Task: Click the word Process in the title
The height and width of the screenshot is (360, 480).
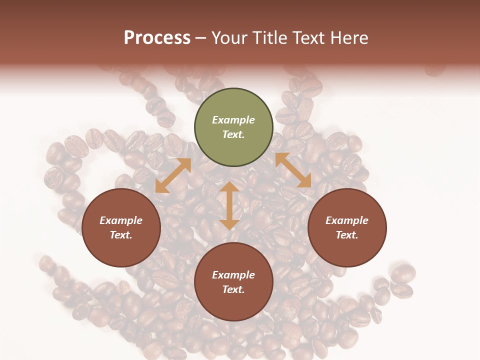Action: pos(157,38)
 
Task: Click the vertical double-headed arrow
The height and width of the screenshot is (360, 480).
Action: pos(229,205)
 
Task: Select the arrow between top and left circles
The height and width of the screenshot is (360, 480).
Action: pos(173,175)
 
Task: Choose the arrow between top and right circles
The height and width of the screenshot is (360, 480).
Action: pos(293,170)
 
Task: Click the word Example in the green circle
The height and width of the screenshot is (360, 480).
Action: pos(233,120)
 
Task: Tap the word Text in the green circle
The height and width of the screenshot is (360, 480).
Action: pos(233,134)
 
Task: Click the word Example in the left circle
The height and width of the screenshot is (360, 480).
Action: pos(121,220)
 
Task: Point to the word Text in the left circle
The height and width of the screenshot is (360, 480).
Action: pos(121,235)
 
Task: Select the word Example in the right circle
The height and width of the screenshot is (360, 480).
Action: pos(347,220)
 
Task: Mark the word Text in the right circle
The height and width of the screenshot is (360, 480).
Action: pos(347,235)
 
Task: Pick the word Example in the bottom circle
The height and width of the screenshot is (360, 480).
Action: pos(233,275)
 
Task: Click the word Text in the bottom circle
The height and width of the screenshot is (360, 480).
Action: pos(233,289)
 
